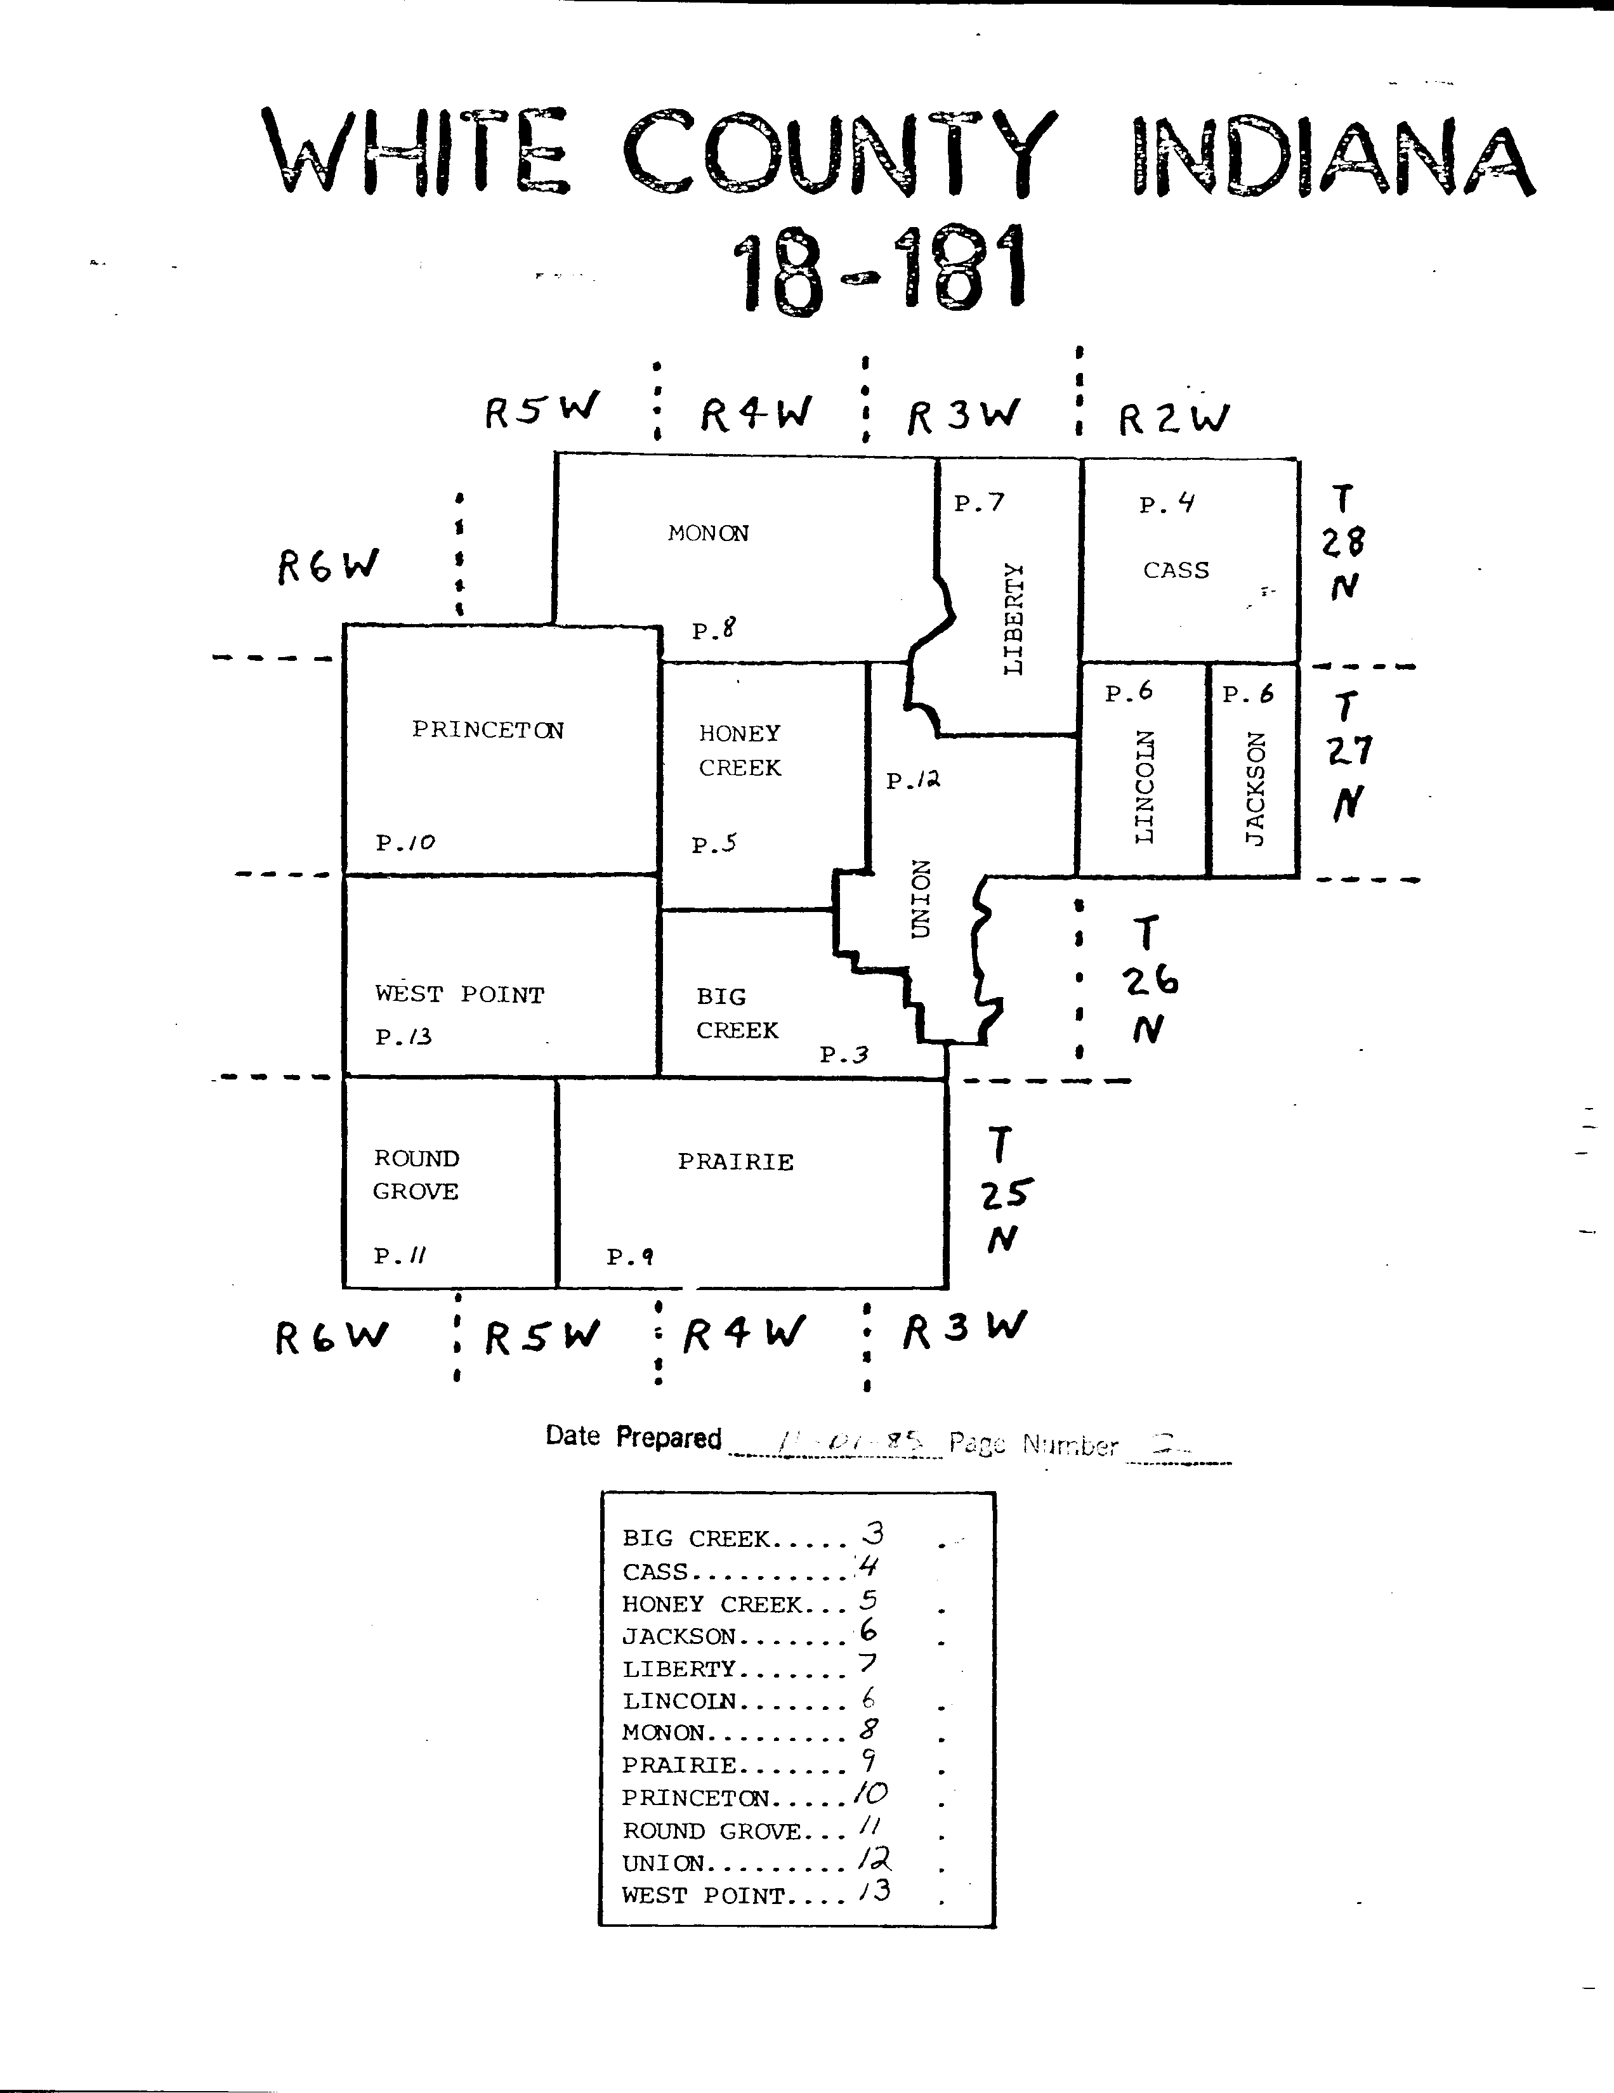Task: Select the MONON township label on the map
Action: pyautogui.click(x=708, y=533)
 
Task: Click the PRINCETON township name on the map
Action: pyautogui.click(x=488, y=729)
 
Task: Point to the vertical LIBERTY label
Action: pyautogui.click(x=1013, y=618)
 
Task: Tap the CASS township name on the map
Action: pyautogui.click(x=1176, y=570)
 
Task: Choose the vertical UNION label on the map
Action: pyautogui.click(x=920, y=899)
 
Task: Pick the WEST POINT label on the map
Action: pyautogui.click(x=459, y=994)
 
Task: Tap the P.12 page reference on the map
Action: pyautogui.click(x=912, y=780)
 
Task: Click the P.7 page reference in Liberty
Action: pyautogui.click(x=978, y=502)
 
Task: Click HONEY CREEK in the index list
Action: pyautogui.click(x=712, y=1603)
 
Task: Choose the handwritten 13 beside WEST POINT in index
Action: pyautogui.click(x=875, y=1891)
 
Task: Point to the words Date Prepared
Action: pyautogui.click(x=633, y=1437)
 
